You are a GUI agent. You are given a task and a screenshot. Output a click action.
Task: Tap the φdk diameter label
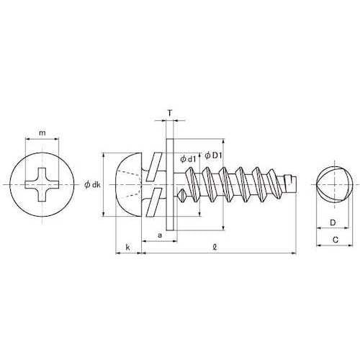coord(92,184)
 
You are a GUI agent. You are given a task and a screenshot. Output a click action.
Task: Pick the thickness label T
coord(169,114)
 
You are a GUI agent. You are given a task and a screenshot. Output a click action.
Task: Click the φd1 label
coord(189,158)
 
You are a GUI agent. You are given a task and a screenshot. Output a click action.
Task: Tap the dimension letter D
coord(333,222)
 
